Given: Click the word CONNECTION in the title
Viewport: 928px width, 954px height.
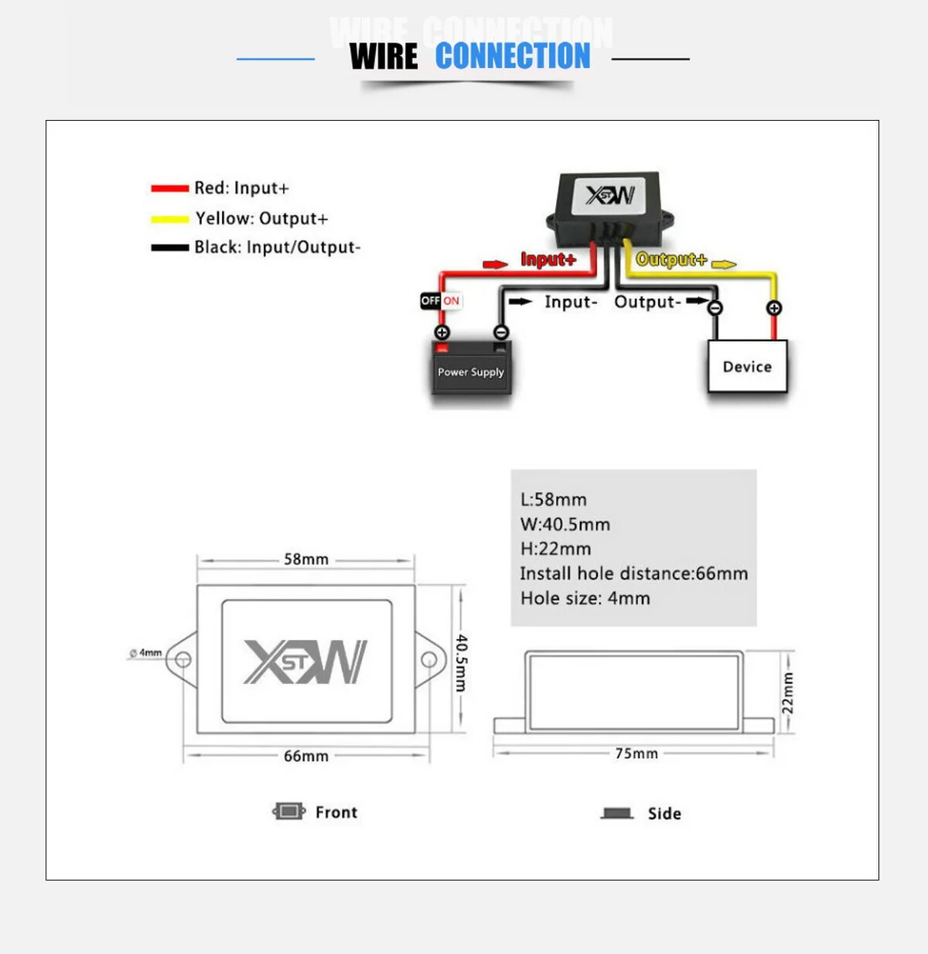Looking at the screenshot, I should pos(512,56).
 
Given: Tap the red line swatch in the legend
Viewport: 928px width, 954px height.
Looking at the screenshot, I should pos(169,188).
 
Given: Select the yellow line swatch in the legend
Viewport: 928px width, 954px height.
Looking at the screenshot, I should pos(169,219).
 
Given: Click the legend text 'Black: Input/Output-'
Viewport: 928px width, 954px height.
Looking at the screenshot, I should pos(277,248).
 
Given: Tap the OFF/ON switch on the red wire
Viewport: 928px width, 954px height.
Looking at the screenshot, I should pos(440,300).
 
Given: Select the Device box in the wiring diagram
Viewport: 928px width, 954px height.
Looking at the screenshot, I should pos(747,366).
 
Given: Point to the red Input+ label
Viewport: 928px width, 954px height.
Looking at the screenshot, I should pos(548,259).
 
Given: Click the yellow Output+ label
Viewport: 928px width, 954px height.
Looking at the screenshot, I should pos(670,260).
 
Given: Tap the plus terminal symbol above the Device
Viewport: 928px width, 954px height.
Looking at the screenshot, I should pos(773,308).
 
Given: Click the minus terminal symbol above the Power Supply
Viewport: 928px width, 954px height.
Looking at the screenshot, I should pos(501,332).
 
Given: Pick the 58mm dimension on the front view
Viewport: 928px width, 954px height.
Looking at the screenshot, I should pos(306,559).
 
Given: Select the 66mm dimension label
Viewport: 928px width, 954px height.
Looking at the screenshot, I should pos(306,756).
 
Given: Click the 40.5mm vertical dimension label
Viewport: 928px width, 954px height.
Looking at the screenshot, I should pos(461,662).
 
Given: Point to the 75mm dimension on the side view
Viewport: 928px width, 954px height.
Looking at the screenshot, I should pos(636,753).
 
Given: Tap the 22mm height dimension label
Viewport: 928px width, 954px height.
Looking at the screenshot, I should pos(787,692).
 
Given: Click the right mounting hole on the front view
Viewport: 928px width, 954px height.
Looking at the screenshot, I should pos(428,660).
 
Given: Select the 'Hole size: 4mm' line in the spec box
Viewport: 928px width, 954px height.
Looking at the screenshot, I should pos(585,598).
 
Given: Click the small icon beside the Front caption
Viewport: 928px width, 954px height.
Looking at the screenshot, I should pos(288,811).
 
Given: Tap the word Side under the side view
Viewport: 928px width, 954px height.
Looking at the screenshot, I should pos(664,813).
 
